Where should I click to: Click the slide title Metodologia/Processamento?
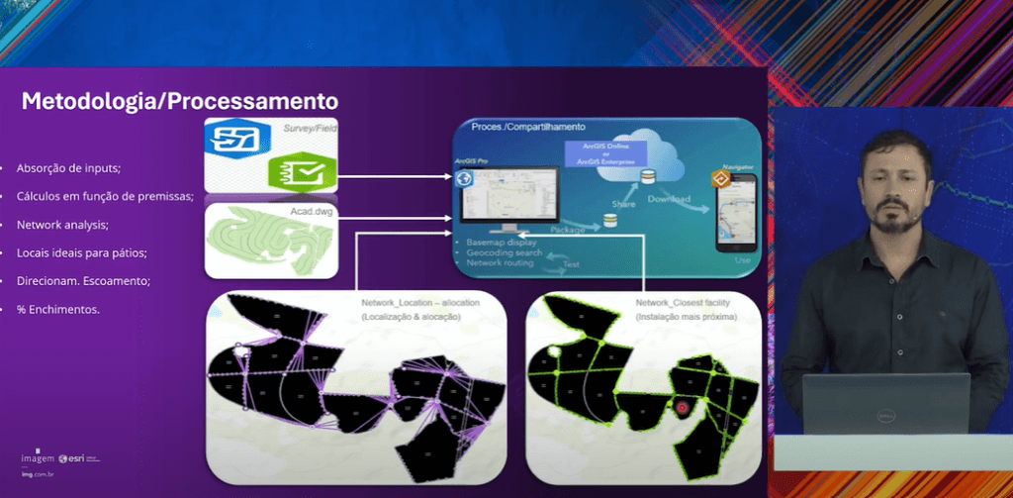click(180, 101)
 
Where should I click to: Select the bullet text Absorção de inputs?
click(68, 167)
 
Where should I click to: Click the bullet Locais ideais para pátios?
click(81, 252)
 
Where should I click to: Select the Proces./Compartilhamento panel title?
click(529, 128)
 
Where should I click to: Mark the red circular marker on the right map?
click(681, 407)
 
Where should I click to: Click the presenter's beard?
click(892, 216)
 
